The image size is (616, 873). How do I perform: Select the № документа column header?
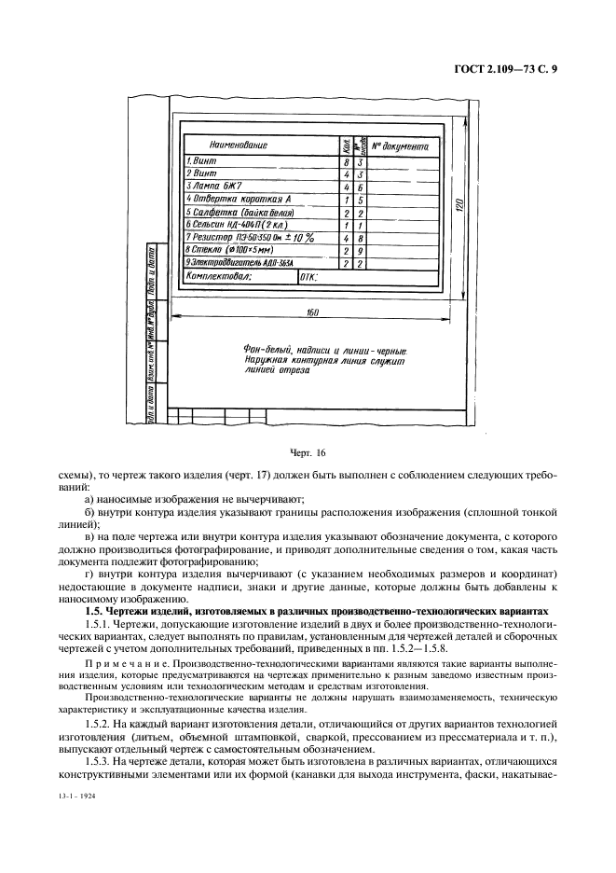400,146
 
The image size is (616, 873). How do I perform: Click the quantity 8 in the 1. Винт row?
347,161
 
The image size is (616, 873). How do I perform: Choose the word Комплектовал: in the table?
220,277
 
